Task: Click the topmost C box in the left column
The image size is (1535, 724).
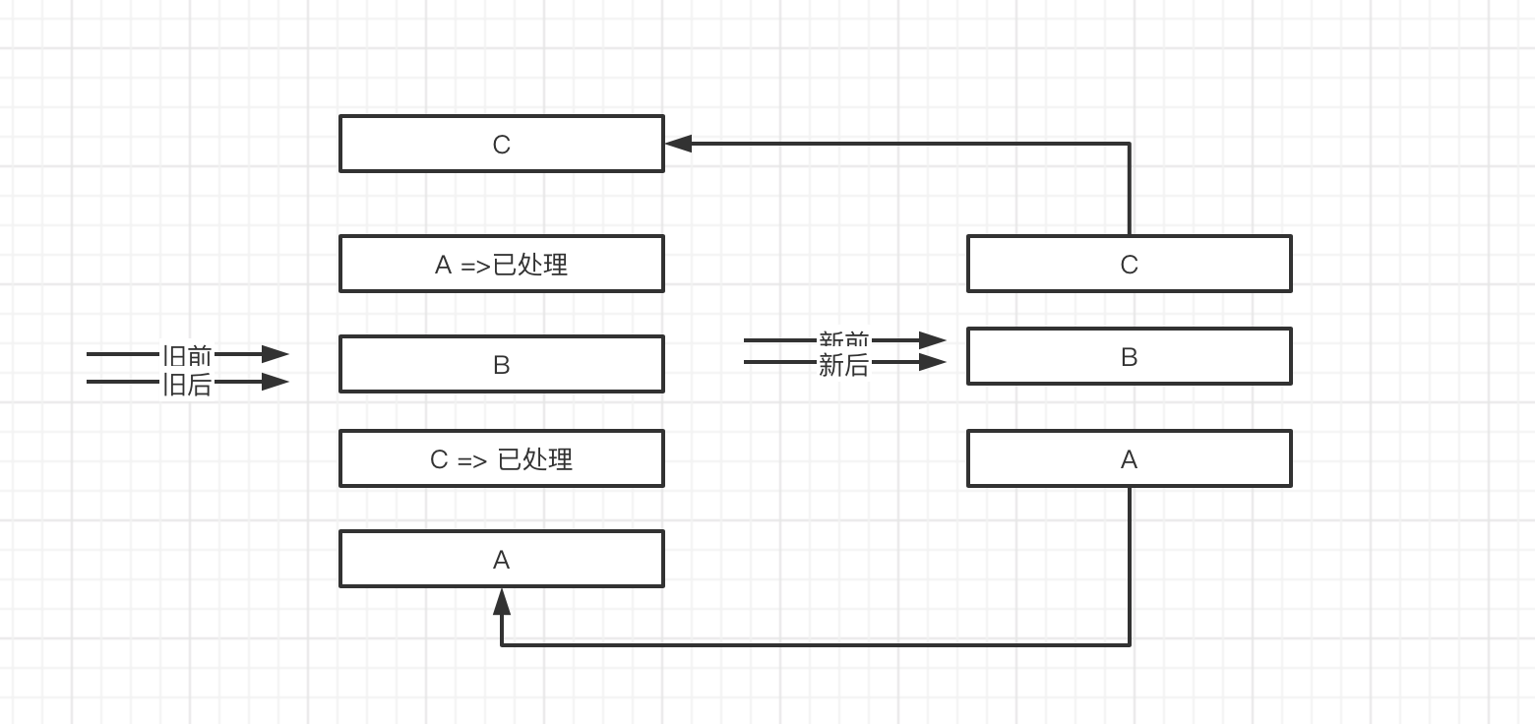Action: pyautogui.click(x=501, y=144)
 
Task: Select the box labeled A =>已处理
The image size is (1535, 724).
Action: pyautogui.click(x=501, y=264)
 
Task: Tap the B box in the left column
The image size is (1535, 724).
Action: pyautogui.click(x=501, y=364)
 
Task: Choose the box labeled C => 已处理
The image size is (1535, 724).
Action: pyautogui.click(x=501, y=458)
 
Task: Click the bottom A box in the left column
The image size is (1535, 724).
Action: pyautogui.click(x=501, y=559)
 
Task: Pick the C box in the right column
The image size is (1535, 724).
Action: pyautogui.click(x=1129, y=264)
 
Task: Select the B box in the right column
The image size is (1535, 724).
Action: pyautogui.click(x=1129, y=356)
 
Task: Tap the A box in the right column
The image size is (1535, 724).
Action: pyautogui.click(x=1129, y=458)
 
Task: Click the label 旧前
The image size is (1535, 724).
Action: pyautogui.click(x=187, y=354)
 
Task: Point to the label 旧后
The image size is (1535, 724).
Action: pyautogui.click(x=187, y=384)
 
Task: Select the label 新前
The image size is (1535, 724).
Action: pyautogui.click(x=844, y=340)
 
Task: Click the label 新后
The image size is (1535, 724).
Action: pyautogui.click(x=844, y=365)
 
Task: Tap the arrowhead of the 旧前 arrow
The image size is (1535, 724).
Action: pyautogui.click(x=276, y=354)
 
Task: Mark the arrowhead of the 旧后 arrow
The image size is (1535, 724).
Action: pyautogui.click(x=276, y=382)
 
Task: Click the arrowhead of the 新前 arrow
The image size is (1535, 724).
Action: pyautogui.click(x=933, y=340)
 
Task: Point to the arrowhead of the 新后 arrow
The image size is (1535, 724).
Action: pyautogui.click(x=933, y=362)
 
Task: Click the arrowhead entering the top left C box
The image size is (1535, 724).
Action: pyautogui.click(x=678, y=144)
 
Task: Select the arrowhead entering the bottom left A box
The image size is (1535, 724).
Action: pyautogui.click(x=502, y=601)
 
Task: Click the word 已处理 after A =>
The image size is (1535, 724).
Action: pyautogui.click(x=530, y=264)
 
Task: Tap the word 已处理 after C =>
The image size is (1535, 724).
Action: pyautogui.click(x=535, y=458)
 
